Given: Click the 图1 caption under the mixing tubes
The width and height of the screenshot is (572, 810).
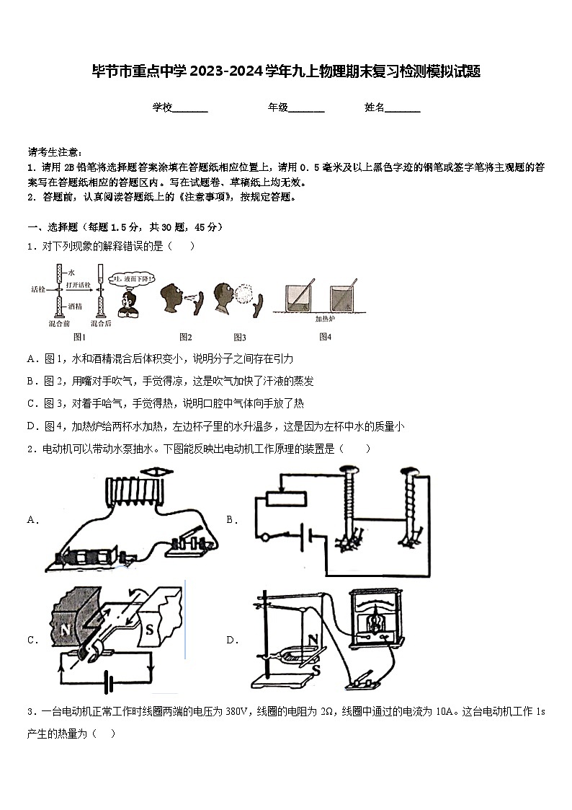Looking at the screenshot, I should [79, 337].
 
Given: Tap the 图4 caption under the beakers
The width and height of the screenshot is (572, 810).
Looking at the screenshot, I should [325, 337].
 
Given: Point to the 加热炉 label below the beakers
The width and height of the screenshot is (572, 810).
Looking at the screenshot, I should [325, 317].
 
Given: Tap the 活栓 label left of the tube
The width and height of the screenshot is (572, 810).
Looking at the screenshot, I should [38, 289].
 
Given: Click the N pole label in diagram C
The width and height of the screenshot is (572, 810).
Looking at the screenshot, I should [66, 630].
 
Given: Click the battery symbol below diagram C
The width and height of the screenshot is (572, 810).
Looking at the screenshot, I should [107, 681].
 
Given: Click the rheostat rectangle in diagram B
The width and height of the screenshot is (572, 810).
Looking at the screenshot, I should [285, 498].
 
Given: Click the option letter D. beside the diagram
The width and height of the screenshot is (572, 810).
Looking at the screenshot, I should [233, 640].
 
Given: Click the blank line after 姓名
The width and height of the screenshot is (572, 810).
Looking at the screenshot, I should [403, 108].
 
